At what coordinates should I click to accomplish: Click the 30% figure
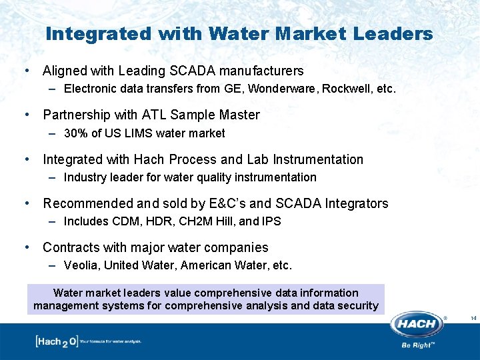76,133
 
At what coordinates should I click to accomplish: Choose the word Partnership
78,115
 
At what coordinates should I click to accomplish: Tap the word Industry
85,177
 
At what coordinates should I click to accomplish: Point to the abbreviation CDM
125,221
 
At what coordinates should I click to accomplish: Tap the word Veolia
80,265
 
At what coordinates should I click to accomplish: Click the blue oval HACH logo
417,325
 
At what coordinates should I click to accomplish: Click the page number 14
473,318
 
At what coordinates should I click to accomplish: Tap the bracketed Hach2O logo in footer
57,341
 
